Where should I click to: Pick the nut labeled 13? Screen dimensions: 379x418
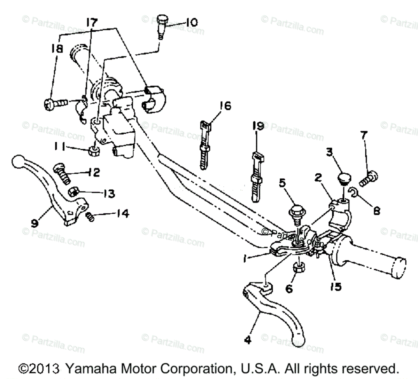pyautogui.click(x=74, y=192)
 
